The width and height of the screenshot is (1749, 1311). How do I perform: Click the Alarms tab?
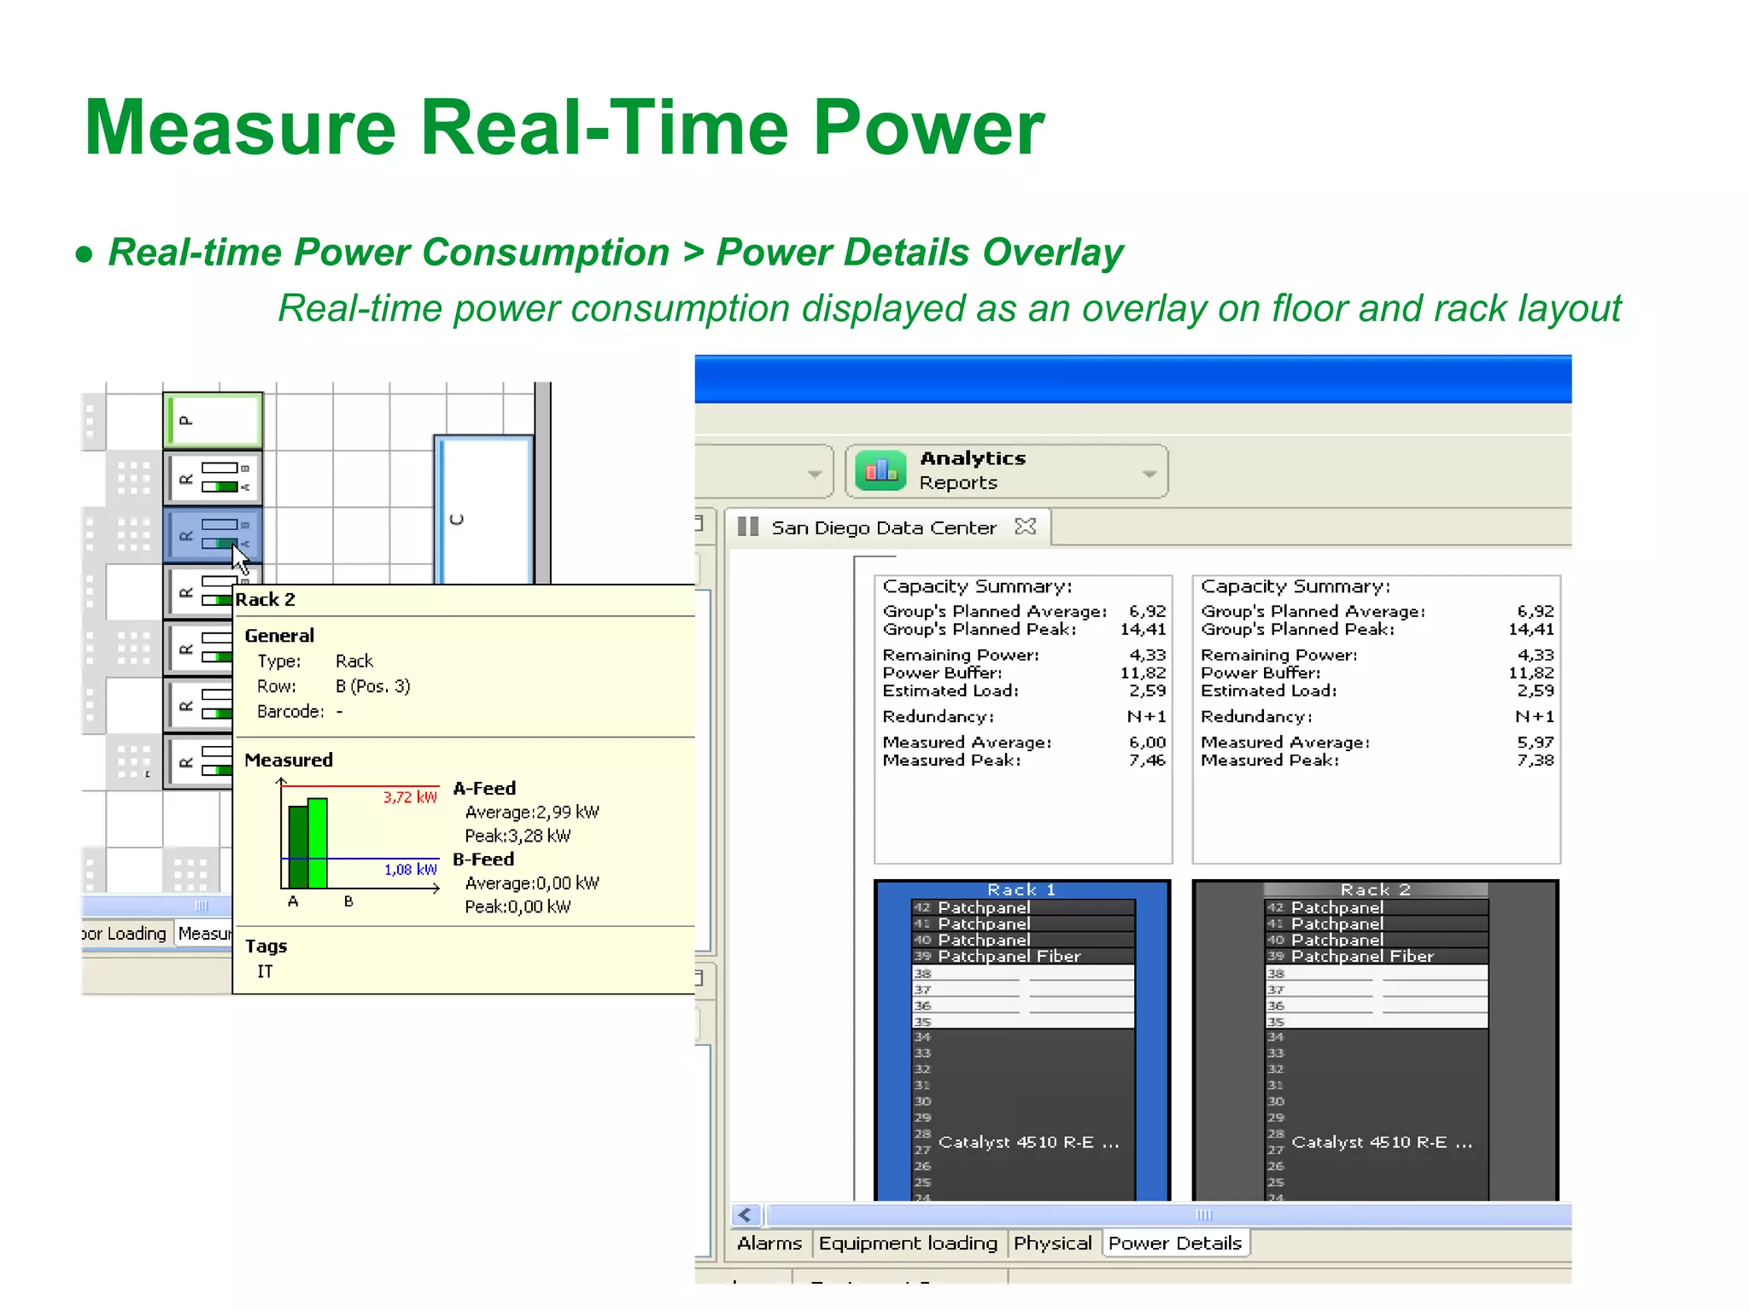(769, 1244)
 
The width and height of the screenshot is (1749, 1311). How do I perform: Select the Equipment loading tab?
(908, 1244)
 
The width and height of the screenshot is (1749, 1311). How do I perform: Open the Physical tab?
(1052, 1244)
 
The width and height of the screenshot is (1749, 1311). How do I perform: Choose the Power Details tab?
(1175, 1244)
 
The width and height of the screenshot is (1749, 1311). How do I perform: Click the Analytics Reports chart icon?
(880, 470)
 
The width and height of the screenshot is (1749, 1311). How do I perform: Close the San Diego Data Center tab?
(1026, 527)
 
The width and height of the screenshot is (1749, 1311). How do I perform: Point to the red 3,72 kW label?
(410, 797)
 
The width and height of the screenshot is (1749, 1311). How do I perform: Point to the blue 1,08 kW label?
(410, 870)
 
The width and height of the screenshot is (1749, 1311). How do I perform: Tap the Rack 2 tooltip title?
(266, 599)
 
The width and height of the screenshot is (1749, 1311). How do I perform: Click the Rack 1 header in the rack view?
(1021, 889)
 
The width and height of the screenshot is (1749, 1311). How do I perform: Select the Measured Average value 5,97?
(1535, 743)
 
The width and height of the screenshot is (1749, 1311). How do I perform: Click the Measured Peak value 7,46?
(1147, 760)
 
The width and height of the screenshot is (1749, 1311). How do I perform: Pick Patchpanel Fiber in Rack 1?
(1009, 957)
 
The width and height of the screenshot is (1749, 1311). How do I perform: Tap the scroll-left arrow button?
(746, 1215)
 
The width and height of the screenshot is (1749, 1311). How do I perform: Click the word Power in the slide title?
(928, 128)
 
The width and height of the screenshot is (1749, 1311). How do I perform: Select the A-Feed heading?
(484, 789)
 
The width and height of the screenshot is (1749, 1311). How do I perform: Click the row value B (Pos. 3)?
(372, 686)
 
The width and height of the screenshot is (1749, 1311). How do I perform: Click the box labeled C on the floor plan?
(483, 512)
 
